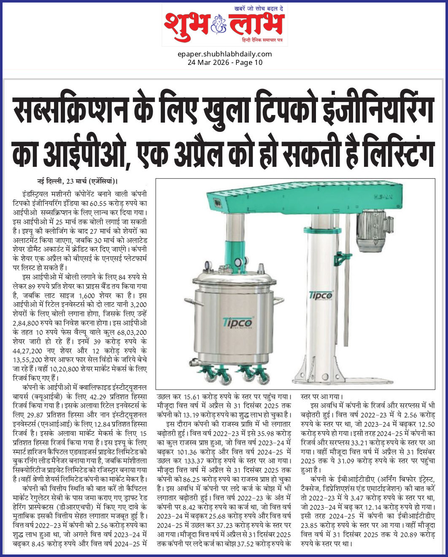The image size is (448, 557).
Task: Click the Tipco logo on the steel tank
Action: [238, 322]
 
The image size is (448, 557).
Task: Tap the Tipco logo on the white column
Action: [321, 295]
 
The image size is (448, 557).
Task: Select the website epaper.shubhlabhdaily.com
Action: [225, 54]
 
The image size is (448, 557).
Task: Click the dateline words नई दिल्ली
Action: [50, 182]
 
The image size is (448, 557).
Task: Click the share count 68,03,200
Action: [131, 332]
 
